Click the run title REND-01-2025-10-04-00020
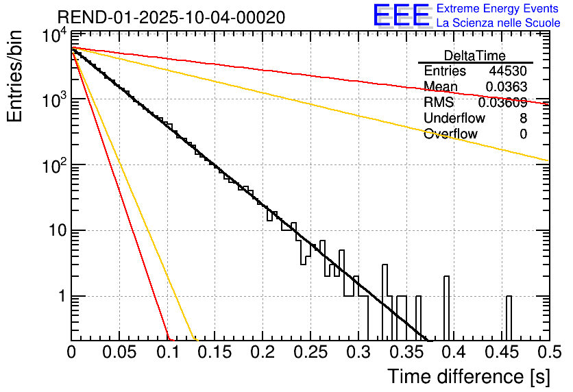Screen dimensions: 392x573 171,16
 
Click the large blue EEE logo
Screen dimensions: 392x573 401,16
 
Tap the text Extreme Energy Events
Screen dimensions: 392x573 498,9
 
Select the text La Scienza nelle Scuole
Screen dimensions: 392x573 498,23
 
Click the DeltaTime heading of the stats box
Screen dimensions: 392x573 475,56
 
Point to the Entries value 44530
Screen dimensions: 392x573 508,71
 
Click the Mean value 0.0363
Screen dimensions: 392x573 506,87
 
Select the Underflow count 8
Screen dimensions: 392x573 523,118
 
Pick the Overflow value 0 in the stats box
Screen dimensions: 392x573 523,134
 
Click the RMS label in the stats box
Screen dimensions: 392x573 439,103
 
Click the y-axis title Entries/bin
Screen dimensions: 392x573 16,76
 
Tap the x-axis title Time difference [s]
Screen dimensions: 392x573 467,376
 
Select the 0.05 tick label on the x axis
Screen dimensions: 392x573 119,354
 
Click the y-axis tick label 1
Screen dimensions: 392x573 59,296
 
